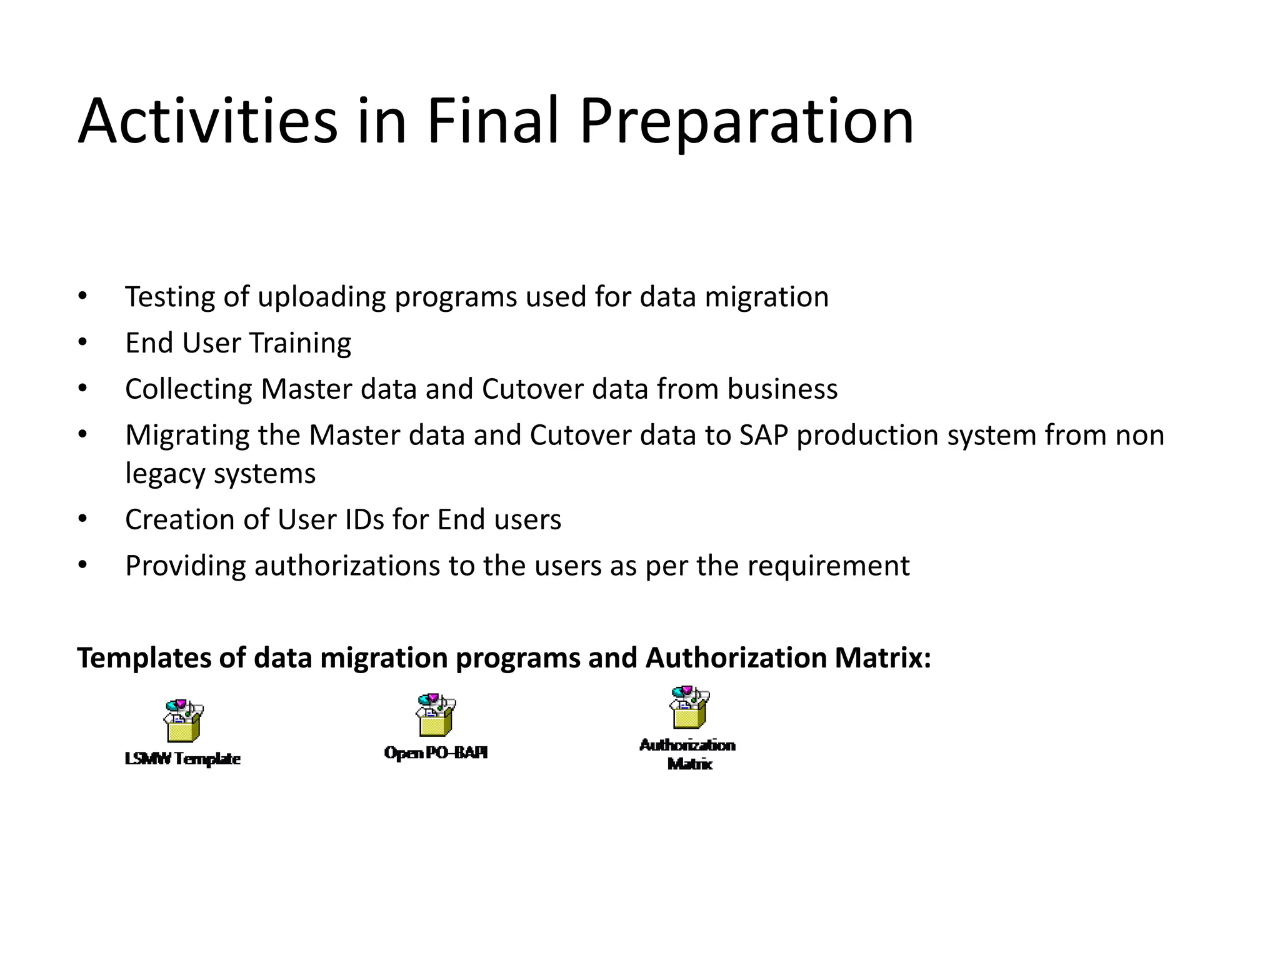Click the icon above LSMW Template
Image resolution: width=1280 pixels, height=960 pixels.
coord(183,720)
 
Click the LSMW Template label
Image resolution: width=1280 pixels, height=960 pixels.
coord(182,759)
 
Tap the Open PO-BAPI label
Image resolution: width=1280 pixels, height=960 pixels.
coord(436,752)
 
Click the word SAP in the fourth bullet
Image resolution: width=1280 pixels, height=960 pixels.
coord(763,435)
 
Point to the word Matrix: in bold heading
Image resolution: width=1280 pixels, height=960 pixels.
coord(882,658)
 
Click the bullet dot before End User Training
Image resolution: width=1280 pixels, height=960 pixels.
coord(82,342)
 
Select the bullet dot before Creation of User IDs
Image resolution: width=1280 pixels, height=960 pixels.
coord(82,519)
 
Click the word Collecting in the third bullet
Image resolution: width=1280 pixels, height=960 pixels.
coord(188,389)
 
